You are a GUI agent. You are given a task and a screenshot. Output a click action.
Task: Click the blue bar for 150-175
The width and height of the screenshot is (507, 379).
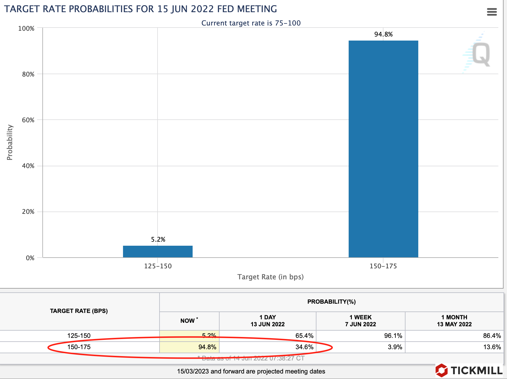click(x=383, y=149)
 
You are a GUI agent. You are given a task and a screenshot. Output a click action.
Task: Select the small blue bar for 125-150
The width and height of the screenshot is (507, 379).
click(x=157, y=252)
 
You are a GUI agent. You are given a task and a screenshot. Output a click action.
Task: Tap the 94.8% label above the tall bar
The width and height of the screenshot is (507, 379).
click(x=383, y=34)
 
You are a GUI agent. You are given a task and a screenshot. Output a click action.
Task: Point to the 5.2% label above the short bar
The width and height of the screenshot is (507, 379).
click(x=158, y=240)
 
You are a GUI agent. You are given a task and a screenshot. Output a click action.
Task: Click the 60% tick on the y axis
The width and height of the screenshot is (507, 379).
click(x=28, y=120)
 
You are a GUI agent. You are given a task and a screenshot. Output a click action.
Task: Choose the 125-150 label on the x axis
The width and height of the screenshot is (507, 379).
click(x=158, y=266)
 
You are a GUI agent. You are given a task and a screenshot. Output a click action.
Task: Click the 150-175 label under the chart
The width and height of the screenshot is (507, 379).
click(x=383, y=266)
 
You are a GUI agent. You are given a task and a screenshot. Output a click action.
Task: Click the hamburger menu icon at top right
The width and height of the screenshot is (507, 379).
click(x=492, y=12)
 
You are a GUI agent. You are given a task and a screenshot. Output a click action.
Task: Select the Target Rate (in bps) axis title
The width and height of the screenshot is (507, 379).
click(x=270, y=277)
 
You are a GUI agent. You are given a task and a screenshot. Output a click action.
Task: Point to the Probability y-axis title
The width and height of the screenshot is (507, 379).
click(x=10, y=142)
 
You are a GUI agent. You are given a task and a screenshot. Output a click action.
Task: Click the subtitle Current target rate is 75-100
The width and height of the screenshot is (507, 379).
click(x=251, y=23)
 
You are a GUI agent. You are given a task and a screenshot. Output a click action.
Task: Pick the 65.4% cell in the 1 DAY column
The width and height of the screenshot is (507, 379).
click(x=304, y=336)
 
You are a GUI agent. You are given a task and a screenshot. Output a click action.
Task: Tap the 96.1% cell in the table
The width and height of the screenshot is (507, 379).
click(x=393, y=336)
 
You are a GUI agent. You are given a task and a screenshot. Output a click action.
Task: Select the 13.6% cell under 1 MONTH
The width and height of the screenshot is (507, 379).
click(x=492, y=347)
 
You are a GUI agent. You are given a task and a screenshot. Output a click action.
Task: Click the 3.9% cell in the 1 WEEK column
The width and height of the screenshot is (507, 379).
click(x=395, y=347)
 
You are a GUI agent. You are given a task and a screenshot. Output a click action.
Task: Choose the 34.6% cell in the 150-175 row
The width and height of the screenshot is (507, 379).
click(x=304, y=347)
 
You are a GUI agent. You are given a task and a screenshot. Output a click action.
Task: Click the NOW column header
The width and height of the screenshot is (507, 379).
click(x=188, y=321)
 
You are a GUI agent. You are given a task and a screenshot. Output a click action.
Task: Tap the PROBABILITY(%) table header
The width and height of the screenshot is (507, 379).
click(x=331, y=302)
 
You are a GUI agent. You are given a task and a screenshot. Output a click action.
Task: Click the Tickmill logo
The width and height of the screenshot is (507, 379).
click(x=469, y=370)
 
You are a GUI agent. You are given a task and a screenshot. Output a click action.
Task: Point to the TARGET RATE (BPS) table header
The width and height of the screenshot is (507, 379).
click(x=79, y=311)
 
